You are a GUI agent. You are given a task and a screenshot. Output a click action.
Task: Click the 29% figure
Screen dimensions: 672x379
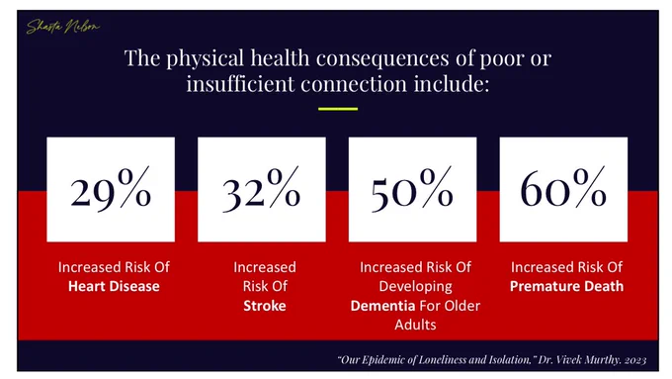111,190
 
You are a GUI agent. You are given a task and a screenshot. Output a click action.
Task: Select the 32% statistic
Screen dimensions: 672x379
261,190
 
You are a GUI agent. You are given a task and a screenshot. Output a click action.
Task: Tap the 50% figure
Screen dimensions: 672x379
412,190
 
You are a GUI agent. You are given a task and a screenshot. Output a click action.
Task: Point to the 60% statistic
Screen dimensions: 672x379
563,188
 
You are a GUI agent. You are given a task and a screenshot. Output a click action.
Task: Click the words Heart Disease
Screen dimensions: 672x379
114,286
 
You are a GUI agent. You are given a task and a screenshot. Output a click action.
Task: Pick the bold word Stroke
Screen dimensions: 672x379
265,306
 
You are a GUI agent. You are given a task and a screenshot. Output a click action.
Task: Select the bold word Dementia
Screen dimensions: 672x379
382,306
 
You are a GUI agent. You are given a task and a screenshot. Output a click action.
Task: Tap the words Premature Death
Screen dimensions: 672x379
566,286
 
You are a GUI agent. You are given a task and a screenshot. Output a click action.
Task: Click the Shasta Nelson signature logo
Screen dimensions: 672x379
62,27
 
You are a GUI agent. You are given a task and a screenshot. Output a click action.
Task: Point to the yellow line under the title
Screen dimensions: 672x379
338,109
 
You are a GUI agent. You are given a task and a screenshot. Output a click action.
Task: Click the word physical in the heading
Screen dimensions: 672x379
206,58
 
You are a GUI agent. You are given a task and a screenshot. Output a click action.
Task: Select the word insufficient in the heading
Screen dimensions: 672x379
240,83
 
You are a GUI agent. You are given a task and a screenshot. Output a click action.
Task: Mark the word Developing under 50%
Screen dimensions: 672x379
415,286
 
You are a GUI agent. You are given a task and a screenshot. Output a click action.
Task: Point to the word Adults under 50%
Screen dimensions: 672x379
415,325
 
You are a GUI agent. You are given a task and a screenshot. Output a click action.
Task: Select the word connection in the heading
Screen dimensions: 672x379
354,83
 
